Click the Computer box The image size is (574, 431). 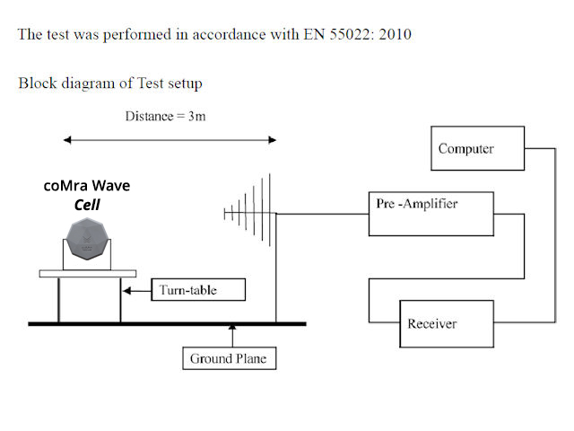[476, 148]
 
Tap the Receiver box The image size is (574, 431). [446, 323]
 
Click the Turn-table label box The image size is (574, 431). [187, 290]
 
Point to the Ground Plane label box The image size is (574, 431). [228, 358]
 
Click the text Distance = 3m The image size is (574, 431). [169, 117]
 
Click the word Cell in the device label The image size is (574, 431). [87, 205]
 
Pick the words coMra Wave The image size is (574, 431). [87, 186]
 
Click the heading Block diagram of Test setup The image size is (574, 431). [109, 83]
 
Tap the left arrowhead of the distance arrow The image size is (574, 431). [66, 140]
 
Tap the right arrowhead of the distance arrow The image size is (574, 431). [273, 140]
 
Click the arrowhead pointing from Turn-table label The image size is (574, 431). [128, 290]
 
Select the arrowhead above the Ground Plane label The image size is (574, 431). [232, 330]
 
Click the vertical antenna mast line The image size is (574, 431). [276, 269]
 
